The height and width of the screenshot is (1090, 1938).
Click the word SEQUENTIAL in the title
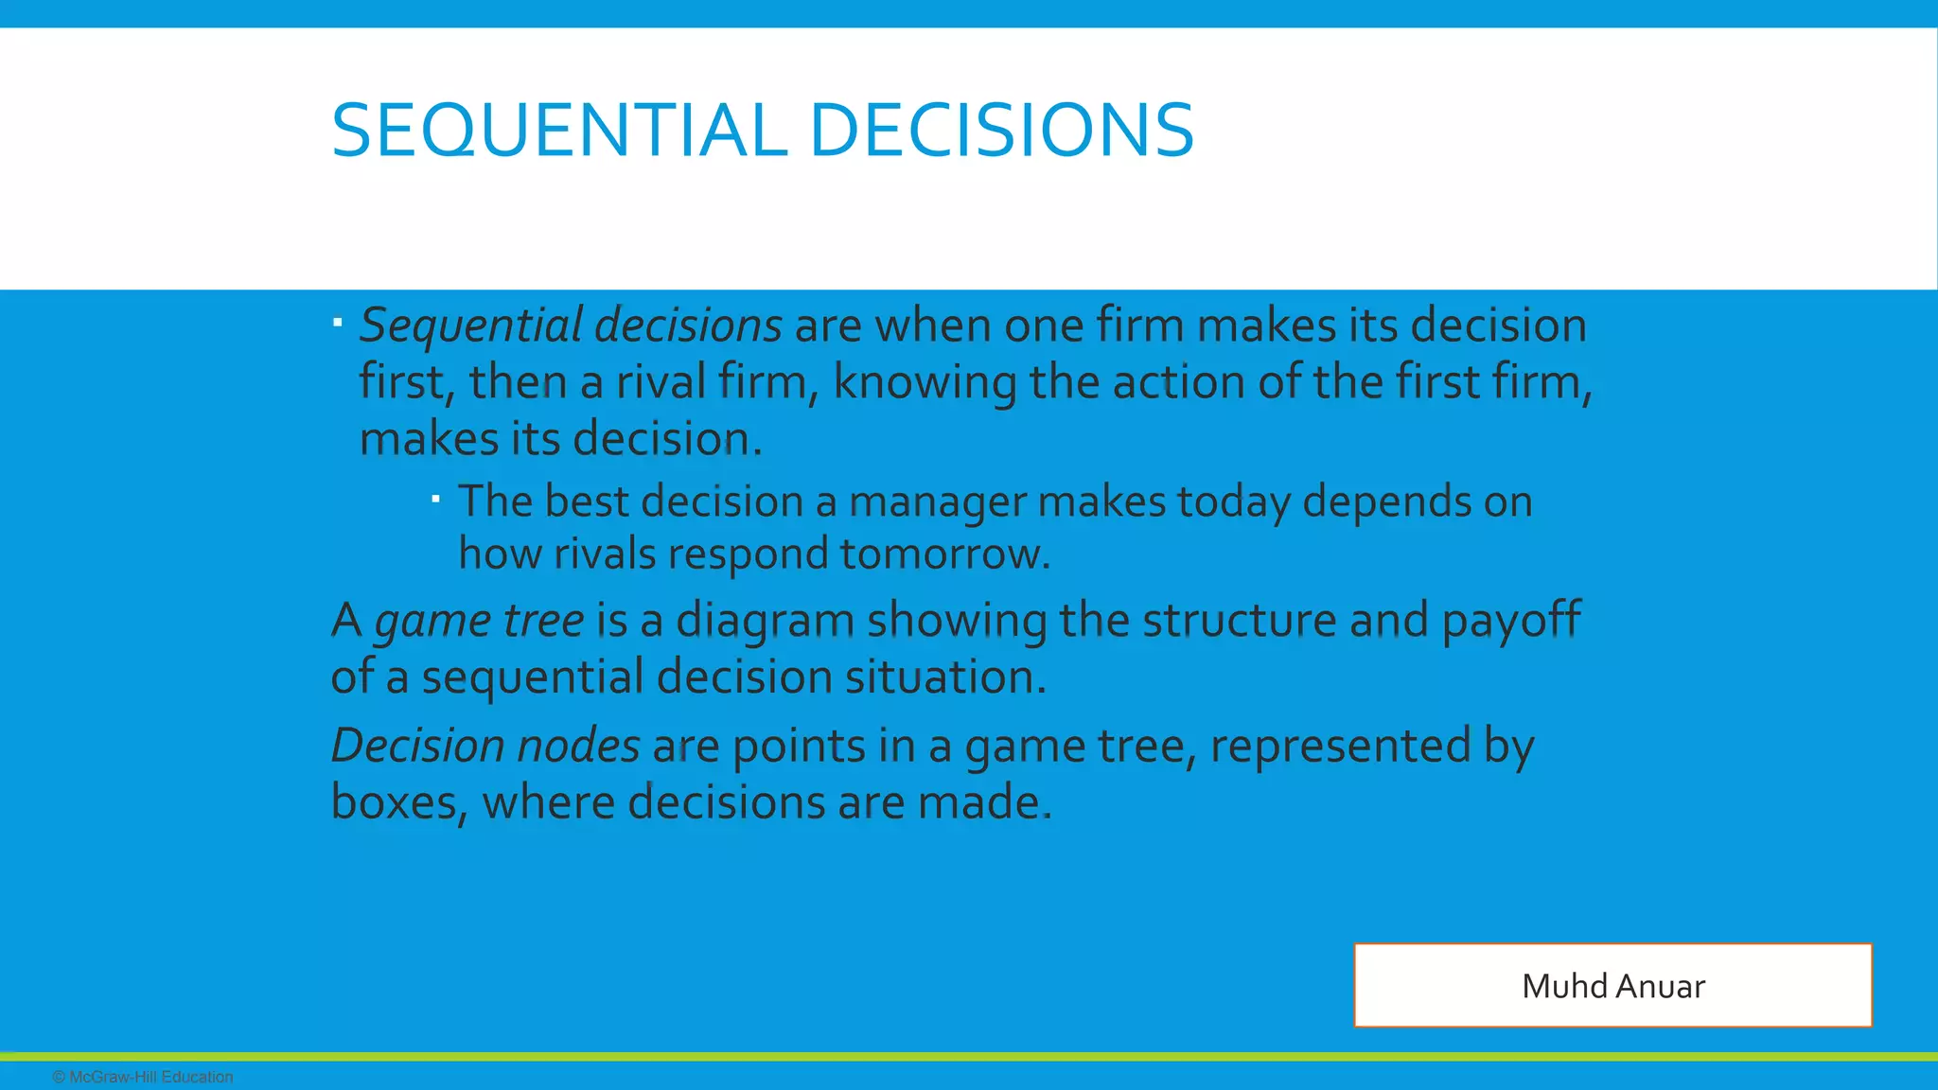pos(559,131)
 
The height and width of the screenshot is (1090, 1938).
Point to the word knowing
pos(924,384)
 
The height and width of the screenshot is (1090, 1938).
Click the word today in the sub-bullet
pos(1233,502)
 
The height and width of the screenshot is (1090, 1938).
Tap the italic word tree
pos(543,621)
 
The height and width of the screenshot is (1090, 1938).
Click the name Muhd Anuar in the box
pos(1612,986)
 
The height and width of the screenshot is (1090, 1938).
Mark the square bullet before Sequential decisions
pos(338,323)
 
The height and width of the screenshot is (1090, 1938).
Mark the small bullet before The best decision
pos(436,498)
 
